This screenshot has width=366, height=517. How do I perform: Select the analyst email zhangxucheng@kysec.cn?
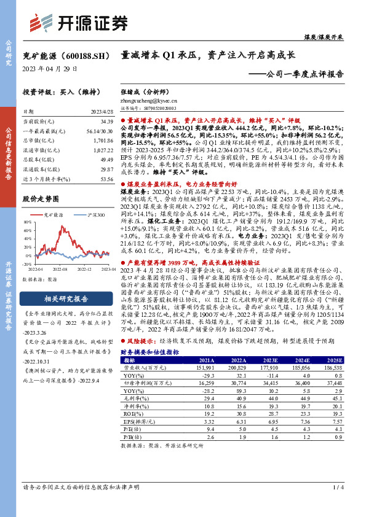tap(150, 99)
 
